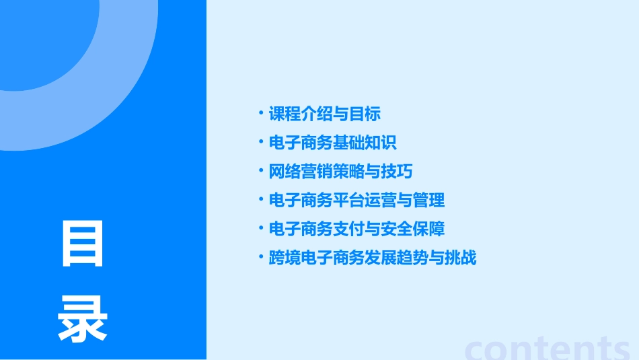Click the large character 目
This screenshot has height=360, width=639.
pos(83,244)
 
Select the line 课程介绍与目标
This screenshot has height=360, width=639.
pos(324,114)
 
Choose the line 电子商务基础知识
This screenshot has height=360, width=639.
pos(332,143)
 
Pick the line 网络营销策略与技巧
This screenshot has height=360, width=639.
pos(340,172)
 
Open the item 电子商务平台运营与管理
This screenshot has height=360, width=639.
pos(356,200)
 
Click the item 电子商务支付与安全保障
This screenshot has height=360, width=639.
pos(356,229)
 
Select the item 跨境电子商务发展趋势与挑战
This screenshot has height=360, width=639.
pos(372,258)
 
